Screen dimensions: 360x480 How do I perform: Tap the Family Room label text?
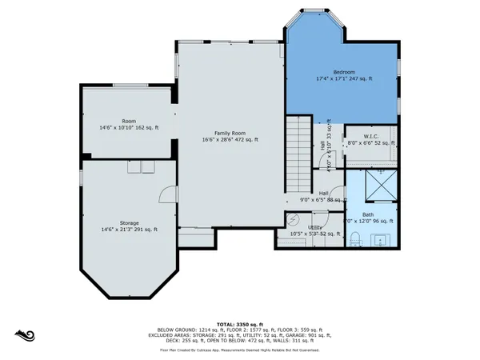tap(229, 133)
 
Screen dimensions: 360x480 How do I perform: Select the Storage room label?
tap(130, 222)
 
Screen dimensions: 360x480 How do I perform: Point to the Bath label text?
tap(368, 214)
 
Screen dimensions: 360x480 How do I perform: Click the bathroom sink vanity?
tap(381, 238)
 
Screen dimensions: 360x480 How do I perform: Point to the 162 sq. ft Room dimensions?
tap(129, 128)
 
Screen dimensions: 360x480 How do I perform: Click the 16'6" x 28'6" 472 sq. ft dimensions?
tap(229, 140)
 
